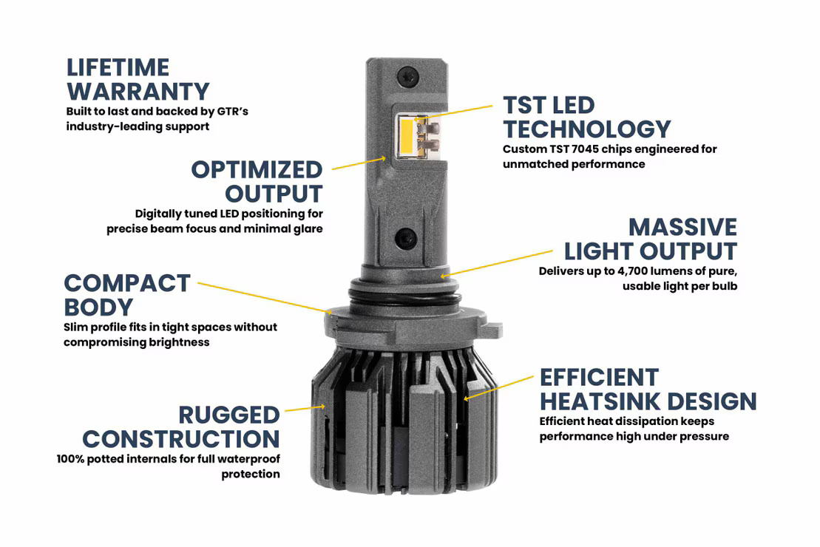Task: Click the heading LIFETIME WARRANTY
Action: click(138, 80)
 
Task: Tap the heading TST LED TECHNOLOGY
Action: click(586, 117)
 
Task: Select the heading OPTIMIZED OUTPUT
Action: click(257, 181)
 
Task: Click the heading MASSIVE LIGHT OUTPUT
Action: click(651, 239)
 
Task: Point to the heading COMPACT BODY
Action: click(127, 295)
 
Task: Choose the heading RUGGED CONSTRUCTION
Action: click(181, 427)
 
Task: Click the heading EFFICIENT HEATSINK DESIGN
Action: click(648, 389)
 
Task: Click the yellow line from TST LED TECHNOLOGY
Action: click(455, 112)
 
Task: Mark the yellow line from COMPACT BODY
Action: click(262, 297)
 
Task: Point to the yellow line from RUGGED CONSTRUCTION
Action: click(304, 407)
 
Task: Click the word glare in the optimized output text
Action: click(305, 229)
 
